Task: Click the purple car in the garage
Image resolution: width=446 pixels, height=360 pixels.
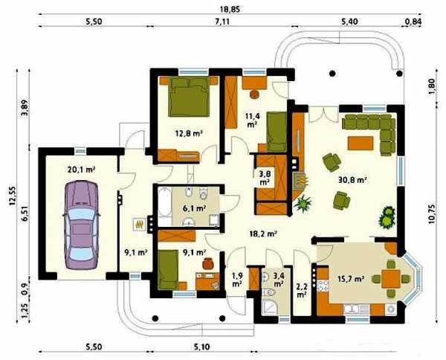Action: point(81,225)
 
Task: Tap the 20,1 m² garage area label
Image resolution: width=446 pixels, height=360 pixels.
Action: point(81,170)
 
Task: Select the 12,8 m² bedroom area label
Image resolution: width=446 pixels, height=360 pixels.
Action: point(189,132)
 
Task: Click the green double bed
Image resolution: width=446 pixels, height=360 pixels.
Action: point(189,97)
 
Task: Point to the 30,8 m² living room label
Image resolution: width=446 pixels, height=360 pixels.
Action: point(352,179)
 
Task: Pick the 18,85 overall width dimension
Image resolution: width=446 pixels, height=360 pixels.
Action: point(230,9)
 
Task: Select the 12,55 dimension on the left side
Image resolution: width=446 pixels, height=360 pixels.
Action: point(13,196)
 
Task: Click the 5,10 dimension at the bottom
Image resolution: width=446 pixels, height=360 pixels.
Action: point(202,347)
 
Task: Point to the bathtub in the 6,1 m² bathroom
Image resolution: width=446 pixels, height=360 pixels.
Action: point(164,202)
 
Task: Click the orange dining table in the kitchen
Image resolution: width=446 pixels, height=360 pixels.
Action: point(391,279)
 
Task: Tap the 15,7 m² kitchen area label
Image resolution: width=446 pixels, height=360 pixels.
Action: point(352,279)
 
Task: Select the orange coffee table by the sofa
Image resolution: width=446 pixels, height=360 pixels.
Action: point(361,143)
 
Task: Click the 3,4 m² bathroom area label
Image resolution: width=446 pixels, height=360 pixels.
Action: point(278,280)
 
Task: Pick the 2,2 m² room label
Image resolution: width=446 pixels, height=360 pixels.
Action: point(302,291)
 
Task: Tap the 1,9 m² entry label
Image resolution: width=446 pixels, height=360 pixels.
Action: point(237,280)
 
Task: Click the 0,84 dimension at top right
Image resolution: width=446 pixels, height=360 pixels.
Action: point(413,22)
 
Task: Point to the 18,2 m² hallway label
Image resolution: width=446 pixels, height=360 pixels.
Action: point(263,234)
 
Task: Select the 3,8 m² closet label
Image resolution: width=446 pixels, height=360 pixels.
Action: point(265,177)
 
